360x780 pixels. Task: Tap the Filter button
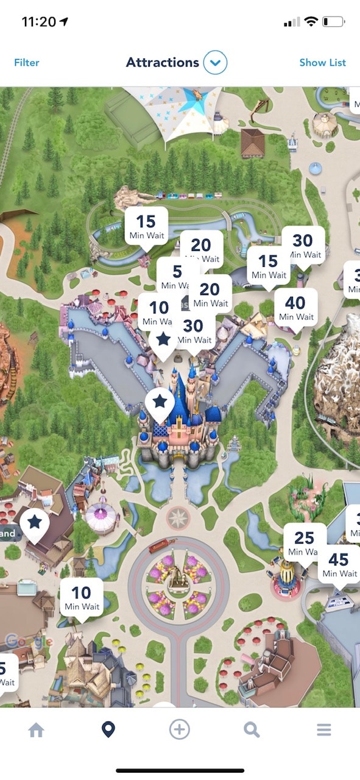[27, 63]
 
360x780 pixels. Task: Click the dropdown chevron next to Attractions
[215, 62]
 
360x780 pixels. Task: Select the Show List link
[322, 63]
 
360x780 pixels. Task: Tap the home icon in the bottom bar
[36, 729]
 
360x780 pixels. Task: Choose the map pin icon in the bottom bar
[108, 729]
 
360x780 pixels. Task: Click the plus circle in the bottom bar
[180, 729]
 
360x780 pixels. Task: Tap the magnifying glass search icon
[252, 729]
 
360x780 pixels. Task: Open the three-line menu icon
[323, 729]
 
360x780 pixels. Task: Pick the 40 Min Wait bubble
[295, 308]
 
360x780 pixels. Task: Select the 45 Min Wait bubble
[339, 565]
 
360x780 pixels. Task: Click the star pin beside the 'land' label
[35, 523]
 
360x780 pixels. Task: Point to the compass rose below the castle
[178, 519]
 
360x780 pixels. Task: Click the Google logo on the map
[29, 641]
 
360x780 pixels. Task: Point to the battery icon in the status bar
[333, 22]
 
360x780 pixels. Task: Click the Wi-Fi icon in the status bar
[311, 22]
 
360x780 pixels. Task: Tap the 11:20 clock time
[38, 22]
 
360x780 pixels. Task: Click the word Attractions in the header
[163, 62]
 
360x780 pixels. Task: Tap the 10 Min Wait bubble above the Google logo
[82, 597]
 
